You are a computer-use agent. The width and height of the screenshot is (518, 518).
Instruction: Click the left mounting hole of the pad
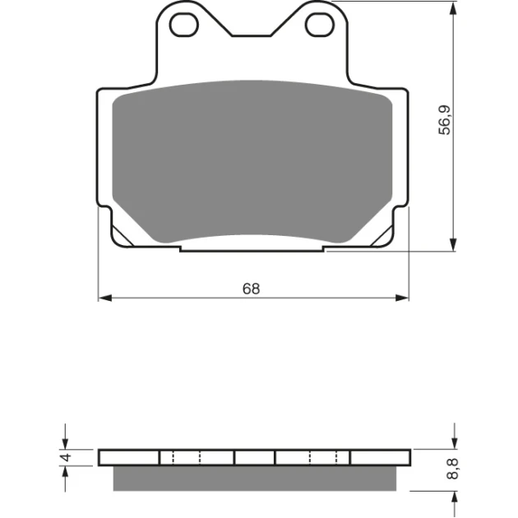tap(184, 25)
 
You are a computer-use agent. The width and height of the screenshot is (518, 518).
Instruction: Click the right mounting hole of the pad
tap(320, 25)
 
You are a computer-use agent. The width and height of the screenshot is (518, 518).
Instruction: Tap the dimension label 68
tap(251, 289)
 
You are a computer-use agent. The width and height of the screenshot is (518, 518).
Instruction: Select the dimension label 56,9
tap(444, 119)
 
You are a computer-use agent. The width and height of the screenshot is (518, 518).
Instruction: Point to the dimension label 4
tap(67, 457)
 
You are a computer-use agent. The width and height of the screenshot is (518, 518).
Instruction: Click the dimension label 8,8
tap(452, 469)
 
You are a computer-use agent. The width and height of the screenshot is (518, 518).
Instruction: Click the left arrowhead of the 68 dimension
tap(105, 298)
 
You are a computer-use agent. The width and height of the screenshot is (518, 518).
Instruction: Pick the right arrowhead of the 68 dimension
tap(402, 298)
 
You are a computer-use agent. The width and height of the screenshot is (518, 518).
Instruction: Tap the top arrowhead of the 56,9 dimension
tap(454, 8)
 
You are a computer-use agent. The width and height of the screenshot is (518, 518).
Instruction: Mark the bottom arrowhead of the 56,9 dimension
tap(454, 244)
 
